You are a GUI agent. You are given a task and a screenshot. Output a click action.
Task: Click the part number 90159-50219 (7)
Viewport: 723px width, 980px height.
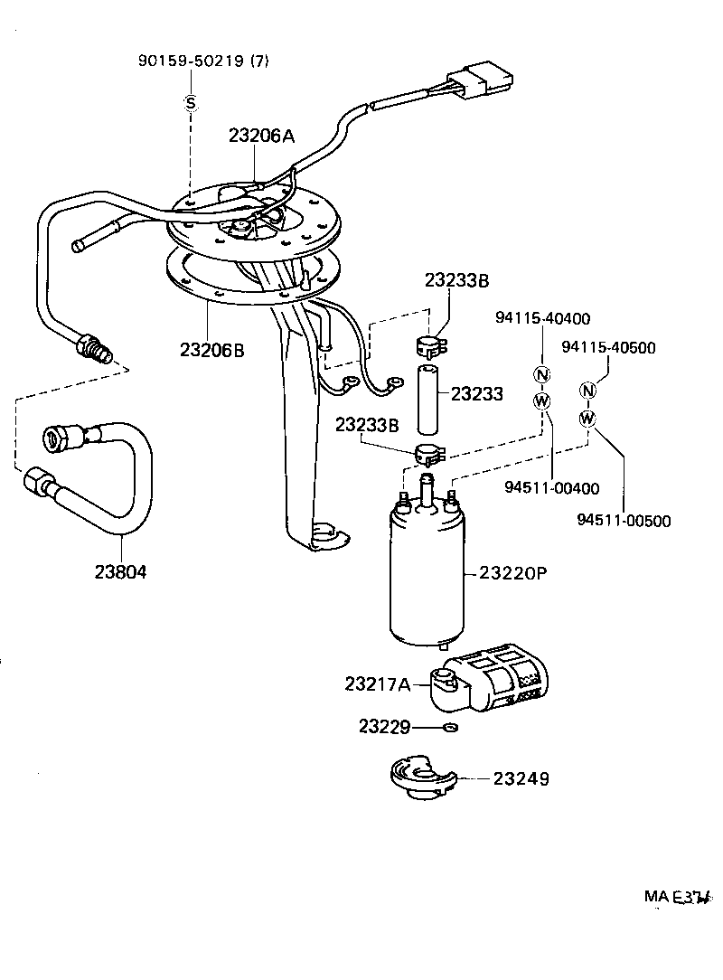[x=203, y=61]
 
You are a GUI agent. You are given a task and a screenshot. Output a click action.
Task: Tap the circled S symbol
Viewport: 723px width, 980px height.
[x=191, y=103]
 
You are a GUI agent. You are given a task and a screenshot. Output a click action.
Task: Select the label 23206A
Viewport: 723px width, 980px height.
[x=261, y=137]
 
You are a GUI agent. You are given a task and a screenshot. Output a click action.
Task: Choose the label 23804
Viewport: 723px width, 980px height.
[x=120, y=571]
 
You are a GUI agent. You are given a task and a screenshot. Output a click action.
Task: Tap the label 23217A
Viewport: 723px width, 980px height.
[x=377, y=684]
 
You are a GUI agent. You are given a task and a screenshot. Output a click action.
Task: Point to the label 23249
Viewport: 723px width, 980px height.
[x=521, y=778]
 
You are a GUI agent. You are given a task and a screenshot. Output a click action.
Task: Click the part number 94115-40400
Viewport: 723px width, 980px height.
[x=542, y=318]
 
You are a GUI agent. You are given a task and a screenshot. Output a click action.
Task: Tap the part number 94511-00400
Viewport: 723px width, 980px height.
[x=551, y=489]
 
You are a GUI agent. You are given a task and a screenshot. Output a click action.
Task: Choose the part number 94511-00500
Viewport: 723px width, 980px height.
[x=624, y=520]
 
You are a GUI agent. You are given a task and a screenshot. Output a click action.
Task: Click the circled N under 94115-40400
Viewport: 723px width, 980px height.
[x=541, y=375]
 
